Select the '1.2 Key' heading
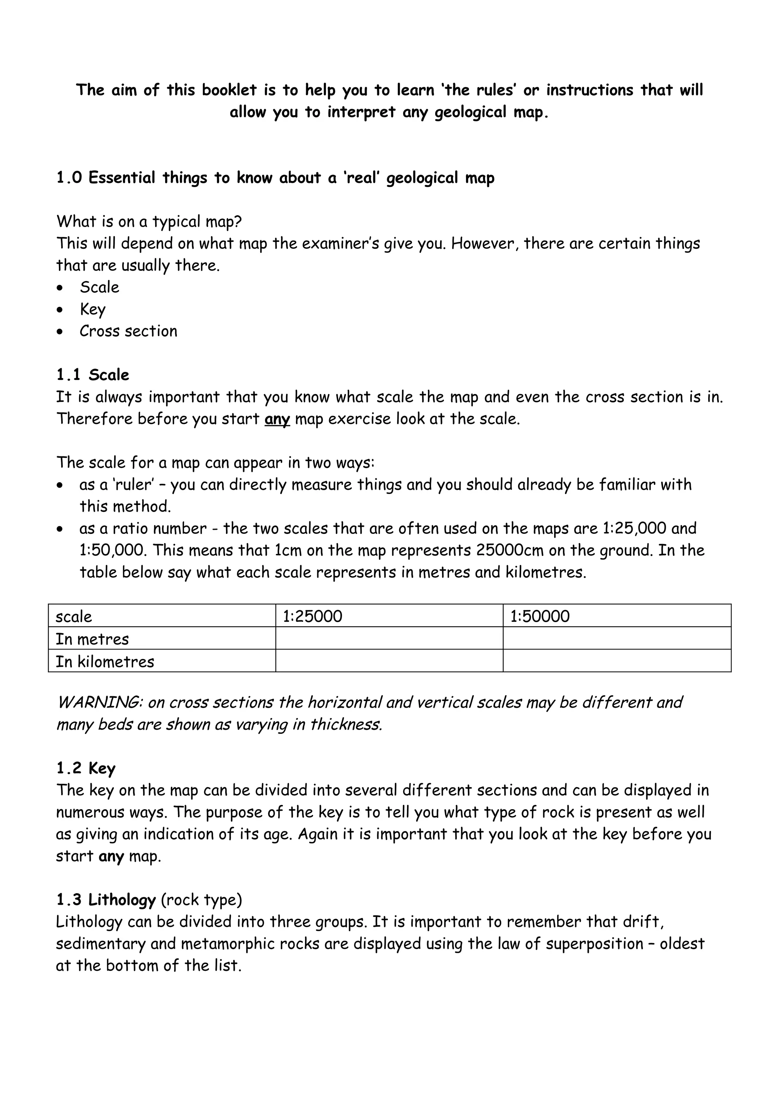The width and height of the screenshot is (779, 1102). click(86, 769)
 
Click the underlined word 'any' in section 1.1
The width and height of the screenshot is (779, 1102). click(277, 419)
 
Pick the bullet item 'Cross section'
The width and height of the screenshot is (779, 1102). click(128, 331)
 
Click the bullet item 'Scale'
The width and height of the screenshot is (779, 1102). click(99, 287)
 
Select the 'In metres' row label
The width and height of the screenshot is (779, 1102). click(92, 639)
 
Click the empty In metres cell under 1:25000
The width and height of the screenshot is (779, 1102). click(389, 638)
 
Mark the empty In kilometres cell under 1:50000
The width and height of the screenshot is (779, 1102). click(617, 661)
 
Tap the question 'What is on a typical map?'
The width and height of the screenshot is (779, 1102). click(149, 222)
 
